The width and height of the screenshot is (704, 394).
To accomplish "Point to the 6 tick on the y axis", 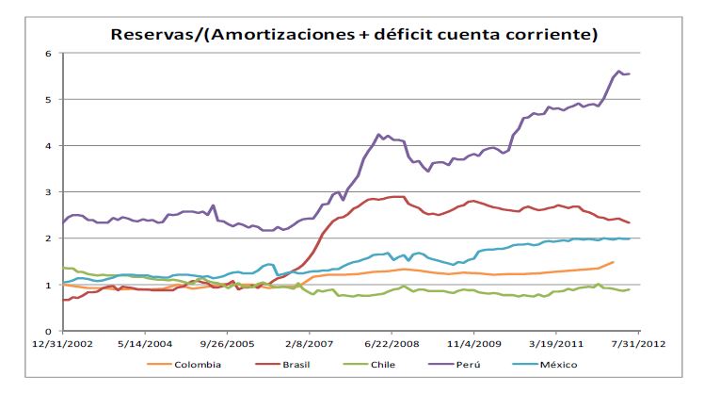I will [x=47, y=54].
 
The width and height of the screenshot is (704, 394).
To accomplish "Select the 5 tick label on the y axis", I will [x=47, y=100].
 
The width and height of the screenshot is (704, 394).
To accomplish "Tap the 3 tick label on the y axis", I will [x=47, y=192].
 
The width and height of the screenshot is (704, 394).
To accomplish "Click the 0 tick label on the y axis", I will [x=47, y=332].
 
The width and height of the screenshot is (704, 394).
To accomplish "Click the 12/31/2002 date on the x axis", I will [x=63, y=345].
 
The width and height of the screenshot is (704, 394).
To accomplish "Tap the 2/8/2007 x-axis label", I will [x=312, y=345].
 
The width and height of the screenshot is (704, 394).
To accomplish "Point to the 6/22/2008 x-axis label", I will [x=393, y=345].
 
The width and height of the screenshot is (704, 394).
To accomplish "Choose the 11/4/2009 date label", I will [x=476, y=345].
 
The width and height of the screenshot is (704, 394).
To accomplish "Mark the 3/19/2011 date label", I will [x=557, y=345].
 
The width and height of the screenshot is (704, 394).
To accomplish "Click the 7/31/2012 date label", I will [x=640, y=345].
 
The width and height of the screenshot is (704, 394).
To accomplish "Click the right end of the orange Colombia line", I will [x=613, y=262].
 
